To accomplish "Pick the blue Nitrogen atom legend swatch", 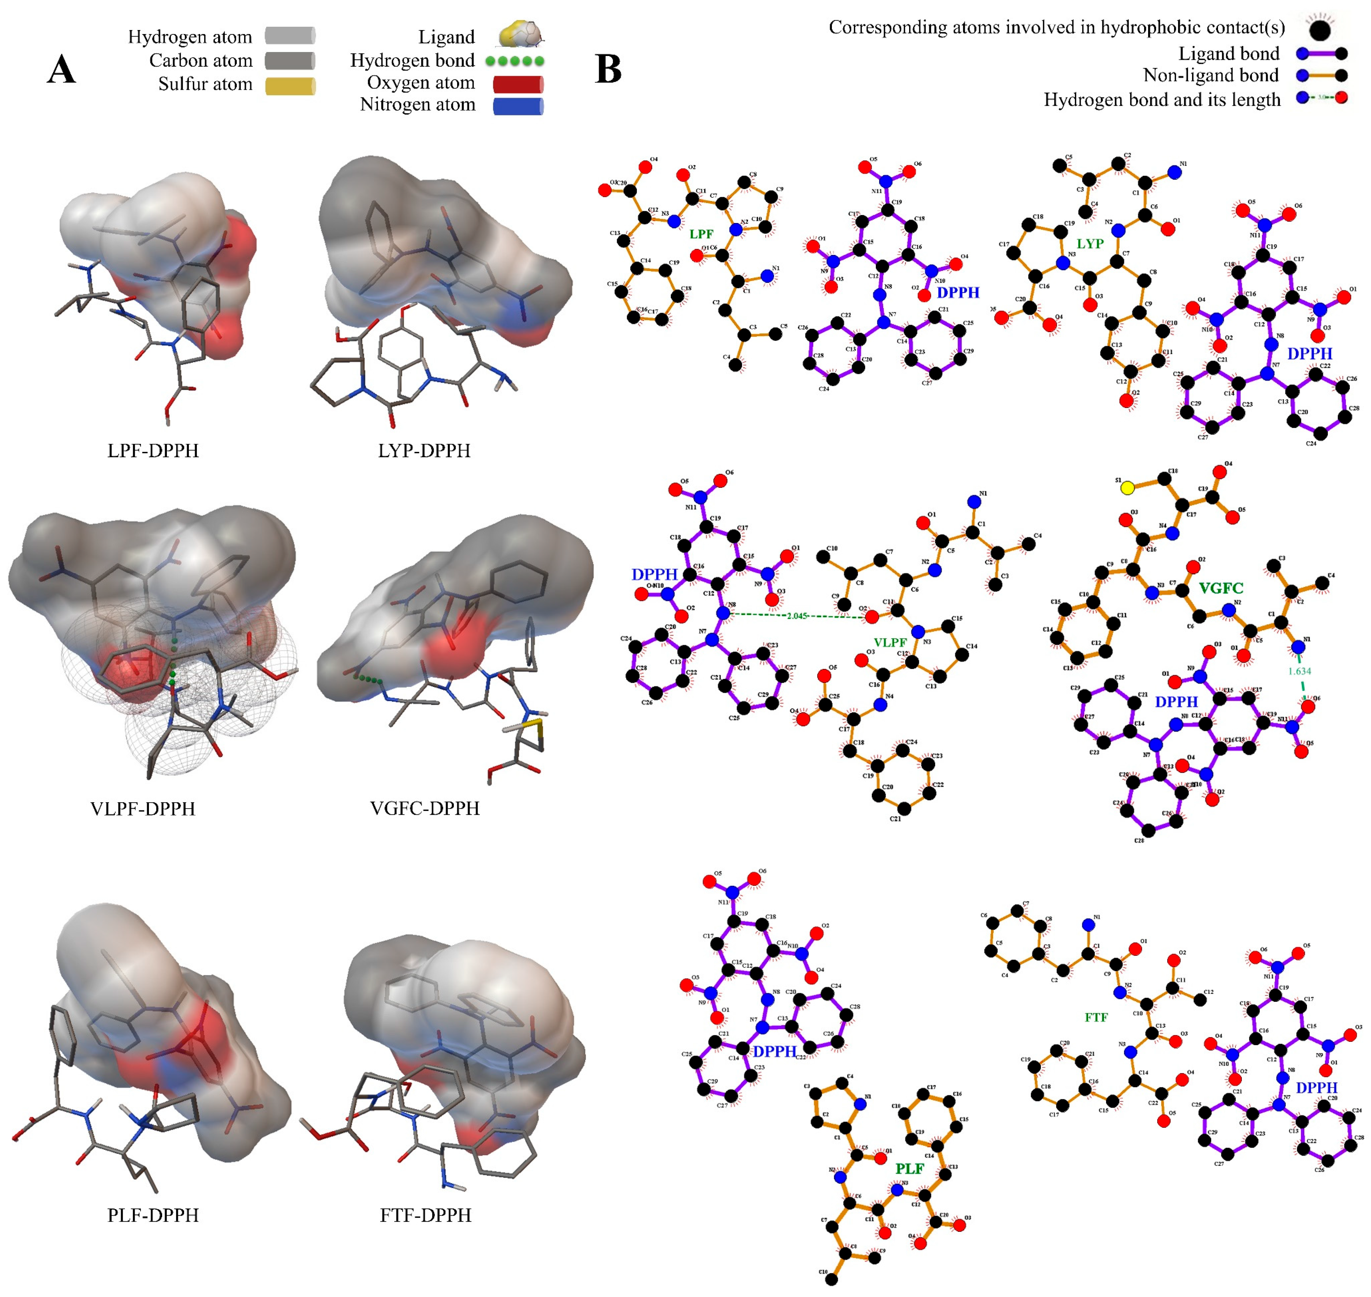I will (x=518, y=106).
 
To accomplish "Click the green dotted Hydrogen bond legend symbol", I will (x=515, y=61).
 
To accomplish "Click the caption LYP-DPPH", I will (x=424, y=451).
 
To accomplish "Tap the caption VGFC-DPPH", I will (x=424, y=808).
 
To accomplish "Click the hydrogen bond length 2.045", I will (x=797, y=615).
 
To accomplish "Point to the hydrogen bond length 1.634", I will (x=1299, y=670).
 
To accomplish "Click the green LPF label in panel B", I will (x=701, y=234).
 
